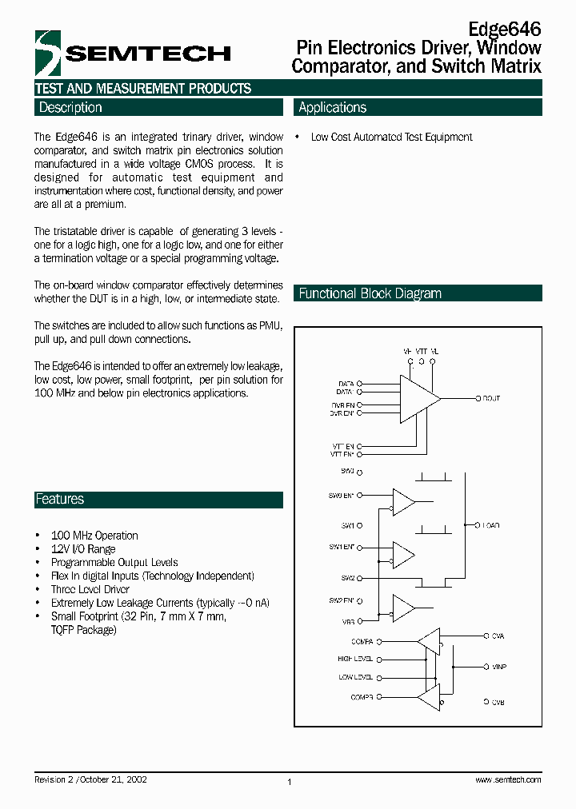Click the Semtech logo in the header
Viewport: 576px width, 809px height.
133,54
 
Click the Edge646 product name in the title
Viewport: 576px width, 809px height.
504,29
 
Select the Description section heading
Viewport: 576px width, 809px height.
70,108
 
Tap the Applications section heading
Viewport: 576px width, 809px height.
332,108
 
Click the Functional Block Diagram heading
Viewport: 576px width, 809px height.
370,293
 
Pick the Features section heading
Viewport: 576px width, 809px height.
59,500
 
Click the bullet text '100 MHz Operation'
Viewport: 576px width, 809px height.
94,536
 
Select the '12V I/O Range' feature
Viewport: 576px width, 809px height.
83,549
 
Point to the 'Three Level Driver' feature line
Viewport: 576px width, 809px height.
90,589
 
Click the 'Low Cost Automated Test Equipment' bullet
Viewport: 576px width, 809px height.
391,137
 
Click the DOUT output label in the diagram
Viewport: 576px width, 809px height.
490,398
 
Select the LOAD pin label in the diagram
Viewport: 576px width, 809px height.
490,525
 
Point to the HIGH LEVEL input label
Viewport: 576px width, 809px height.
355,660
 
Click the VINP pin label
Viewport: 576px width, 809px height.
499,666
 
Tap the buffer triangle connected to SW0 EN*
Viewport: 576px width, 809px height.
403,503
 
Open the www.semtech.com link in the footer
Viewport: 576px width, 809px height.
508,779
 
